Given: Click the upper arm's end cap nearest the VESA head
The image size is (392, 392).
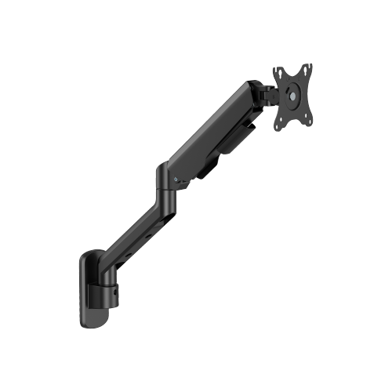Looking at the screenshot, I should tap(252, 93).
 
